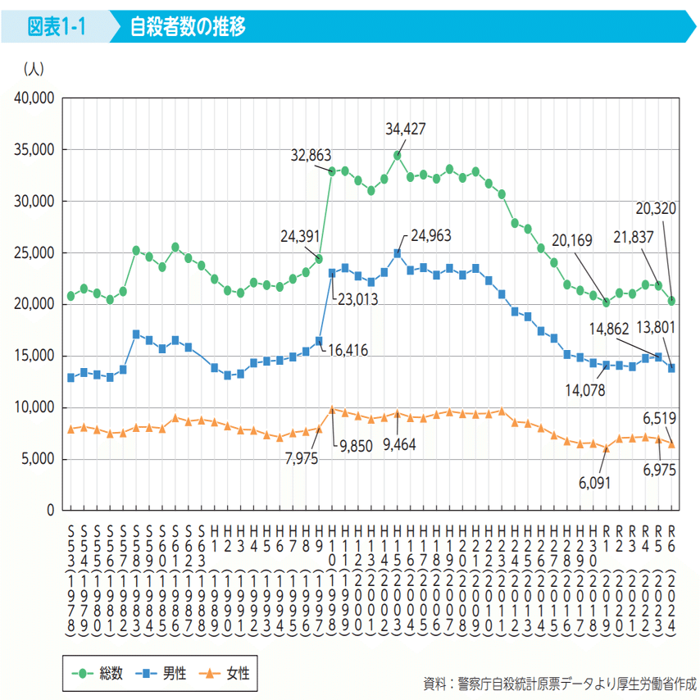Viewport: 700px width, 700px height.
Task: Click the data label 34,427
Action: coord(406,129)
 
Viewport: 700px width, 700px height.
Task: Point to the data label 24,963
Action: coord(431,235)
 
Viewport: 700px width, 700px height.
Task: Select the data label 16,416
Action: coord(348,351)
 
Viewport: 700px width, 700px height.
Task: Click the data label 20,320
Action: coord(654,209)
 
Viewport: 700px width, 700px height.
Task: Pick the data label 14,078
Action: coord(585,391)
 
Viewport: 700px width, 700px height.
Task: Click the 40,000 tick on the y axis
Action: coord(34,98)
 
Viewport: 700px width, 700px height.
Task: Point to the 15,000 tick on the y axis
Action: coord(34,356)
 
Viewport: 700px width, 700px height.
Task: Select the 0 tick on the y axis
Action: coord(49,510)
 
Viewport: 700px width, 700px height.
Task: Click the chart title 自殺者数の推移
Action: coord(188,27)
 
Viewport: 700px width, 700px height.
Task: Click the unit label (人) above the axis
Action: coord(34,70)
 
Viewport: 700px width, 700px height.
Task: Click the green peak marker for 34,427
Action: coord(398,155)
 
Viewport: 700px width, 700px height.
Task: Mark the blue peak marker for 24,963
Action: coord(398,253)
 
